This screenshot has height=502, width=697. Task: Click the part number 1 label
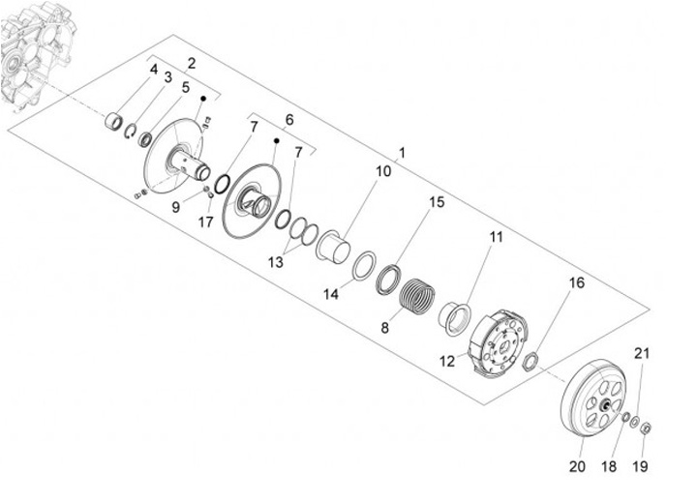(x=402, y=154)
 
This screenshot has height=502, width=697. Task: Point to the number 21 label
(x=642, y=352)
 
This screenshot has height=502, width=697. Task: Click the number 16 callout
(x=577, y=283)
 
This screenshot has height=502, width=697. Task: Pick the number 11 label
(x=495, y=235)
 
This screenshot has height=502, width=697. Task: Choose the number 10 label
(x=382, y=171)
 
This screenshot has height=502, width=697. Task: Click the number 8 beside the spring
(x=384, y=327)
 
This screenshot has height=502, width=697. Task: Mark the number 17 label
(x=205, y=221)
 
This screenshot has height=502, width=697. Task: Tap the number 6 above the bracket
(x=288, y=119)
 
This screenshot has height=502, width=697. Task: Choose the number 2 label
(x=192, y=63)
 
